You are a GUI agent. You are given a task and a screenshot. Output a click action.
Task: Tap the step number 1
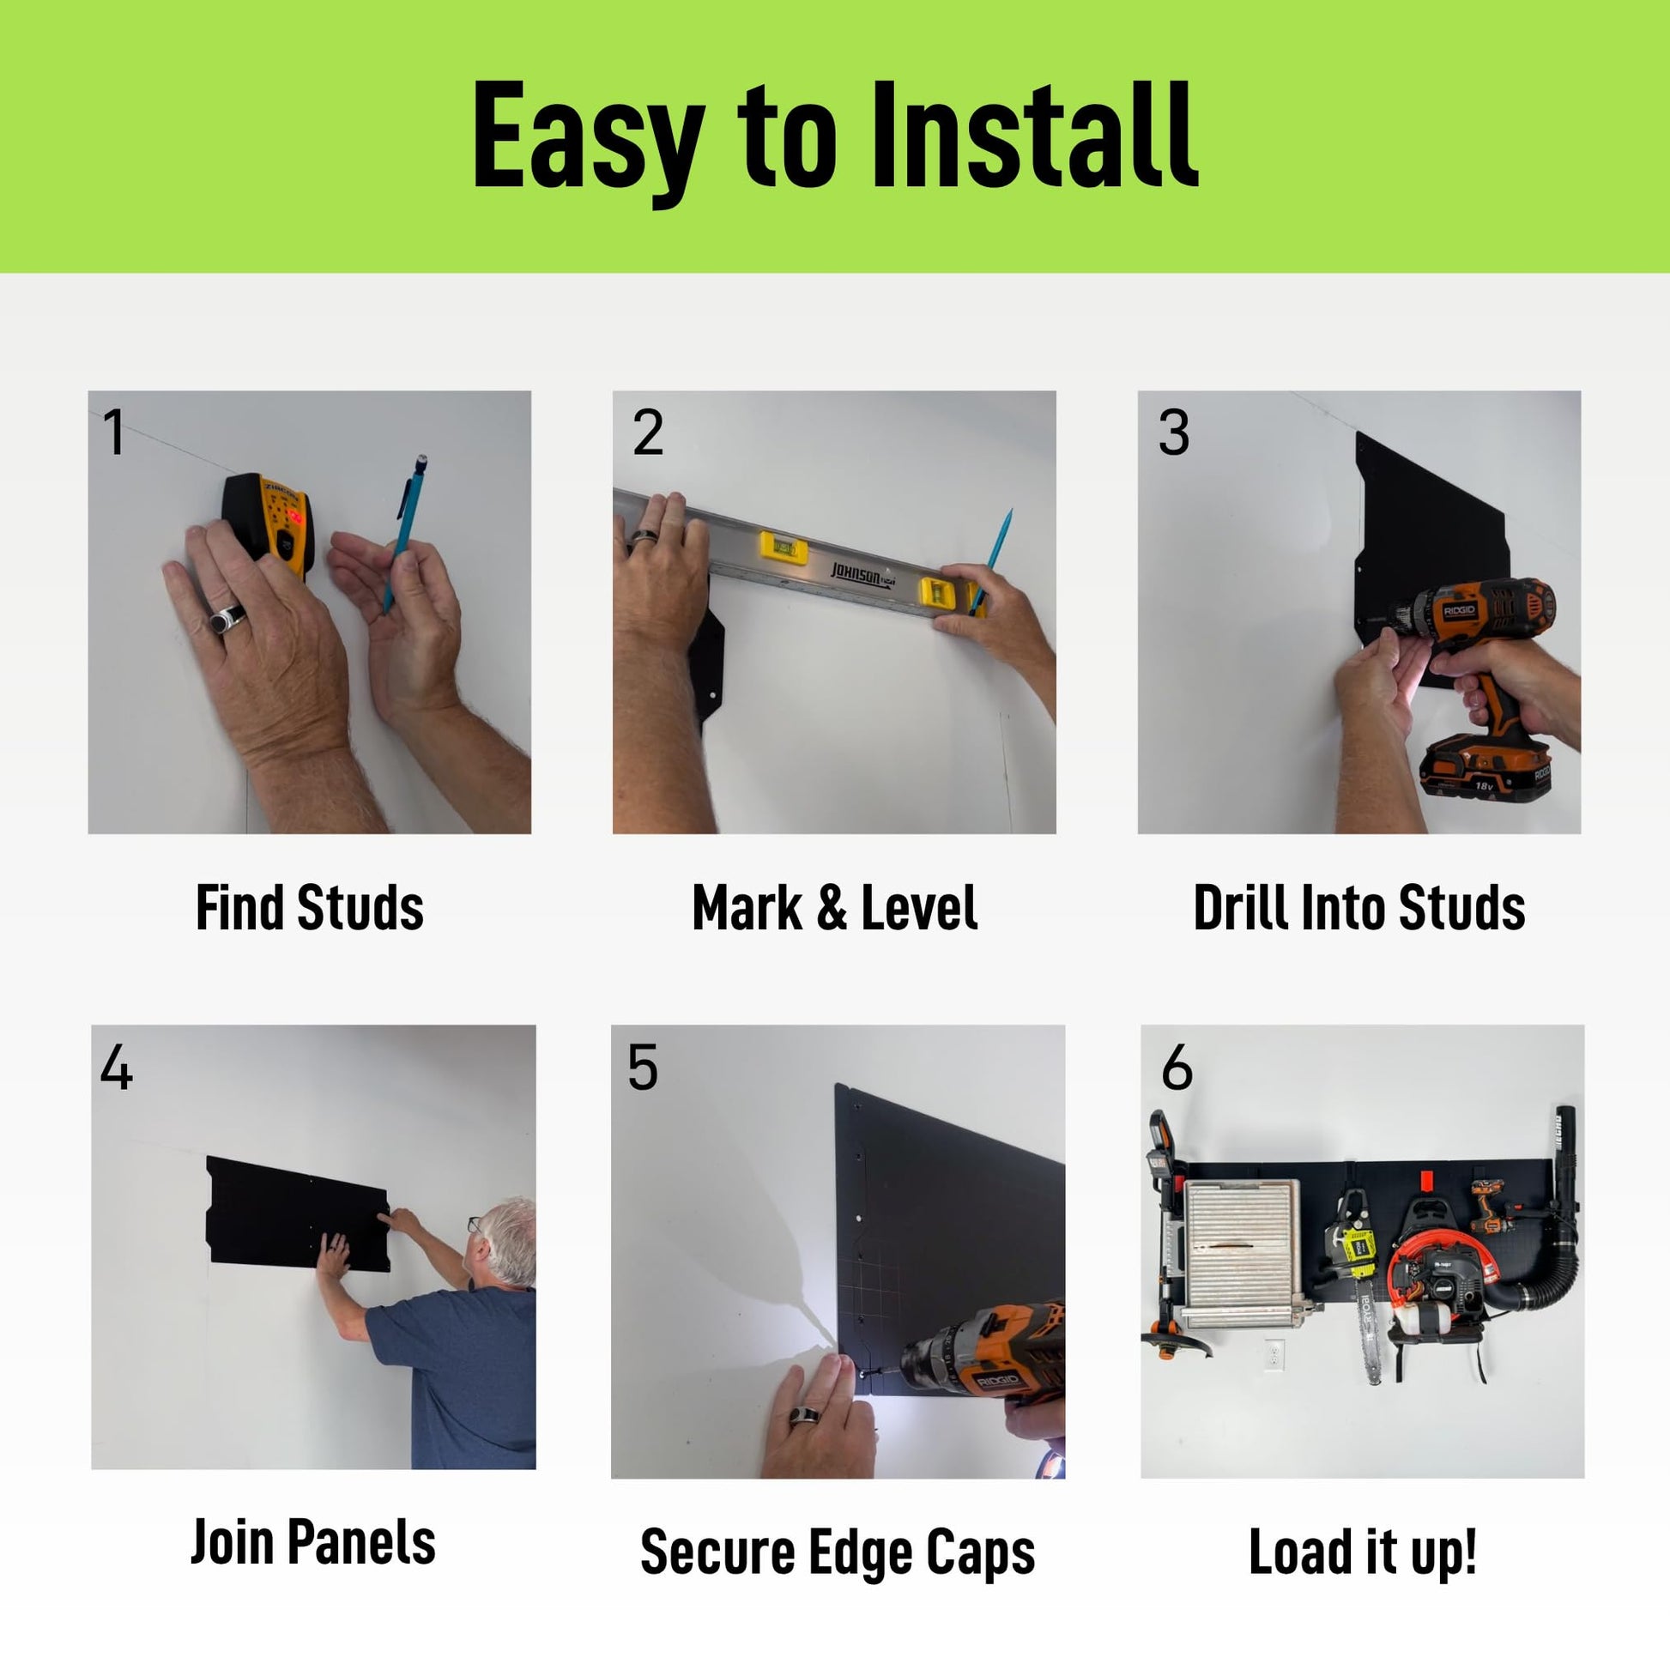[x=114, y=432]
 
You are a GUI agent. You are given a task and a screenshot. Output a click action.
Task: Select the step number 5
[x=642, y=1068]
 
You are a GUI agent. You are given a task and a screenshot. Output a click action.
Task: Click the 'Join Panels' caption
[x=313, y=1542]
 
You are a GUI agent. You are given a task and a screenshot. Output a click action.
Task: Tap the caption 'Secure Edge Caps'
[x=838, y=1553]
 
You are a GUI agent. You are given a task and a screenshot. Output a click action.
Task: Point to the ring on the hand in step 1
[x=227, y=619]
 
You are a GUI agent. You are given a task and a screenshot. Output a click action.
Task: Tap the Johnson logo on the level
[x=861, y=575]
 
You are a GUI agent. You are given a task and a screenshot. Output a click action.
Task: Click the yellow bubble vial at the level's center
[x=784, y=547]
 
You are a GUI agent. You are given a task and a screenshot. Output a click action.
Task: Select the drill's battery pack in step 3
[x=1485, y=769]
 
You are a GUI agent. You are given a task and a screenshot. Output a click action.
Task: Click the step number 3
[x=1173, y=432]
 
